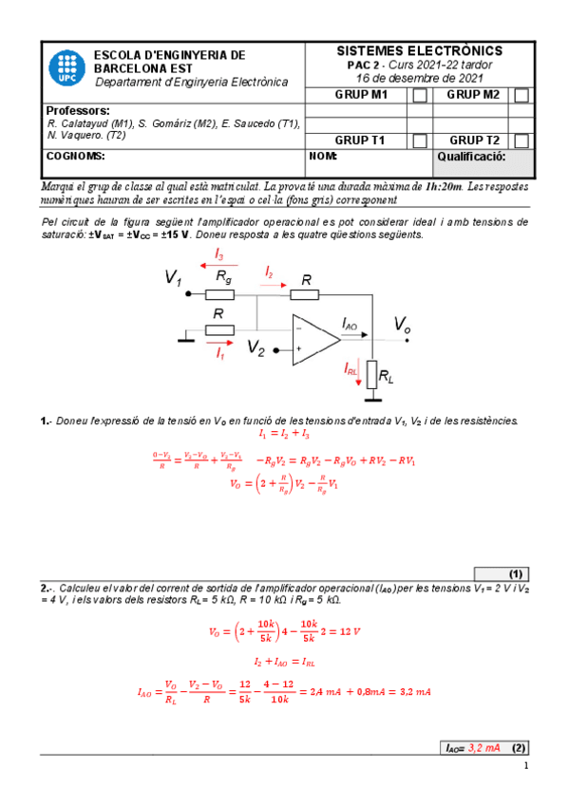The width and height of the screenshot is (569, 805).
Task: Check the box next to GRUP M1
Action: click(x=419, y=95)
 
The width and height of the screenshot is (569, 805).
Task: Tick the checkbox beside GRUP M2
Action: click(x=521, y=95)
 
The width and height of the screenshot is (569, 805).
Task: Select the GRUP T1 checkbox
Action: click(x=419, y=140)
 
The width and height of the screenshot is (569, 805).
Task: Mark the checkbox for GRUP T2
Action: click(x=521, y=140)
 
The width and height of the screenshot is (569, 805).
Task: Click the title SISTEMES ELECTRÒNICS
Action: click(x=420, y=50)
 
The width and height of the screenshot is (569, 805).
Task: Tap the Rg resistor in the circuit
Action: click(x=221, y=293)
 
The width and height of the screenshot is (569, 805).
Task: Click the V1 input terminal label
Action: click(x=173, y=278)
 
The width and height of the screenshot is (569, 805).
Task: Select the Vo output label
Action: click(x=403, y=325)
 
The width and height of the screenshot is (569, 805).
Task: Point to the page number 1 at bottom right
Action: click(x=523, y=767)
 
